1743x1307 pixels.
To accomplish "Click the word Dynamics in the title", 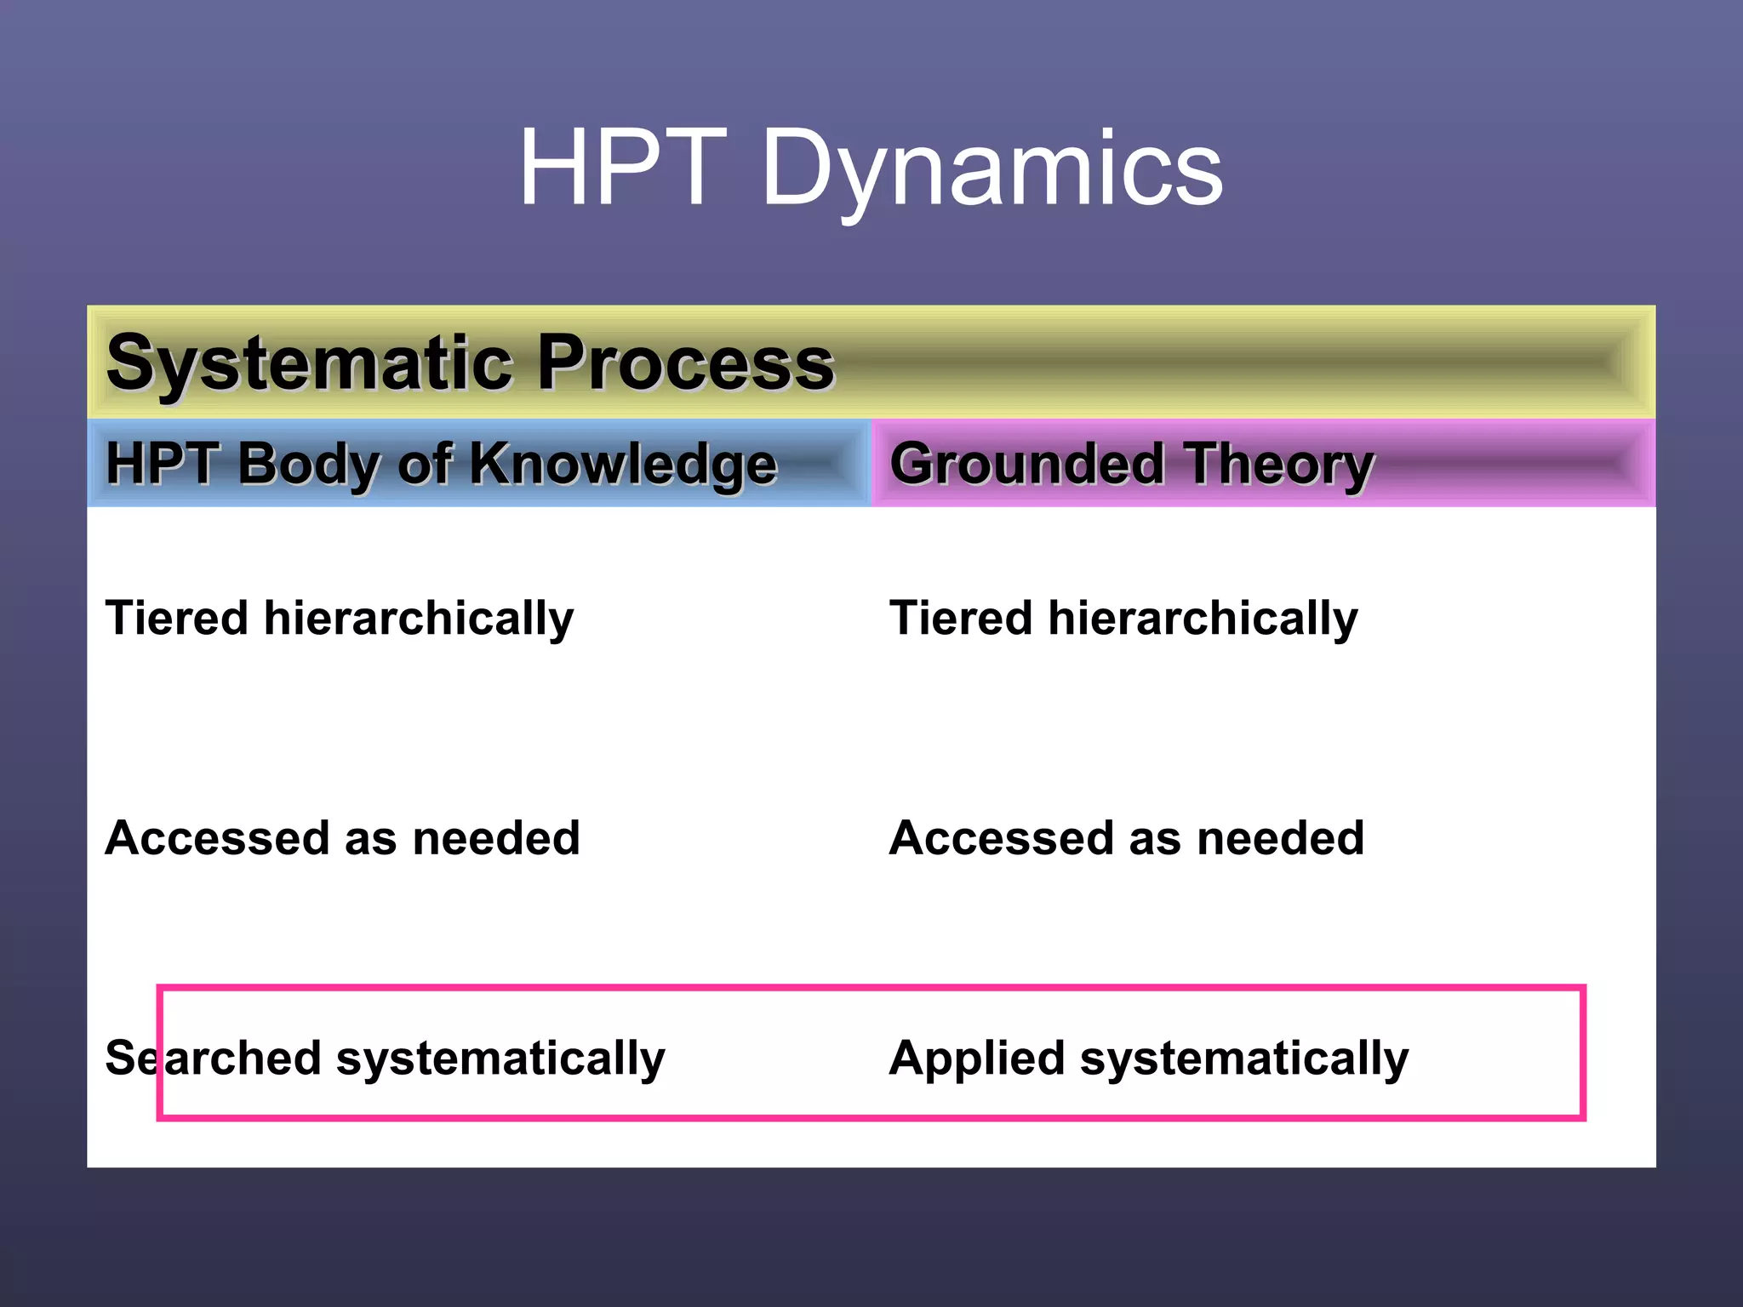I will point(992,169).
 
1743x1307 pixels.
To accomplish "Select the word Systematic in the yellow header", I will point(307,364).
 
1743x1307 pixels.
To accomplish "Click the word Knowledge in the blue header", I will point(623,465).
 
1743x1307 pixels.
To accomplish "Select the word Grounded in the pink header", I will point(1026,465).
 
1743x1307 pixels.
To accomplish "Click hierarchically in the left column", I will point(419,619).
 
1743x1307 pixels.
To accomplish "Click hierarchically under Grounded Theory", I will point(1203,619).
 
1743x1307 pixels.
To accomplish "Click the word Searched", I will point(213,1059).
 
